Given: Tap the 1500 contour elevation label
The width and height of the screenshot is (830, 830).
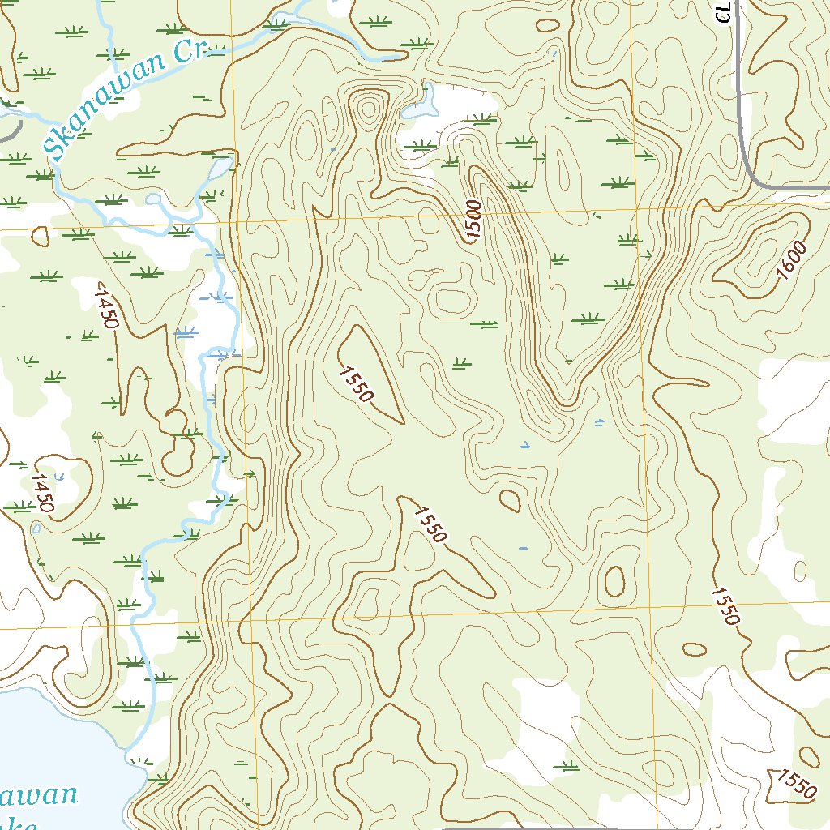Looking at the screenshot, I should [x=474, y=220].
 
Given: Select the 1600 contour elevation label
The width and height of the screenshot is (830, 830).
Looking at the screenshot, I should [x=791, y=261].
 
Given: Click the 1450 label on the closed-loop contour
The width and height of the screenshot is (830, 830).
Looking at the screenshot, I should [x=41, y=494].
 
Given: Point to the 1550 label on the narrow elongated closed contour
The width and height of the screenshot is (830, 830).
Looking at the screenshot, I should [x=357, y=384].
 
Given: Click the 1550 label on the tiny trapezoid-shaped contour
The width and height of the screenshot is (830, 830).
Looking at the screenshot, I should [x=794, y=784].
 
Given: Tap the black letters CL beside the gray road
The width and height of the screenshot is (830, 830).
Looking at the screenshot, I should [x=725, y=11].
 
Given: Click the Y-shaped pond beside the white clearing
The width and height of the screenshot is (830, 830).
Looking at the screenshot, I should [x=422, y=102].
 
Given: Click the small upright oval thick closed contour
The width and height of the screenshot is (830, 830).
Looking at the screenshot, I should [x=614, y=580].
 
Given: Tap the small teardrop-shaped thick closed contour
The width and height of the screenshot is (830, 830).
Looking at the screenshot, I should [x=510, y=500].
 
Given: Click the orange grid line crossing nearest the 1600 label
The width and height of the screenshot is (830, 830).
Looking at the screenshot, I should [x=637, y=208].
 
